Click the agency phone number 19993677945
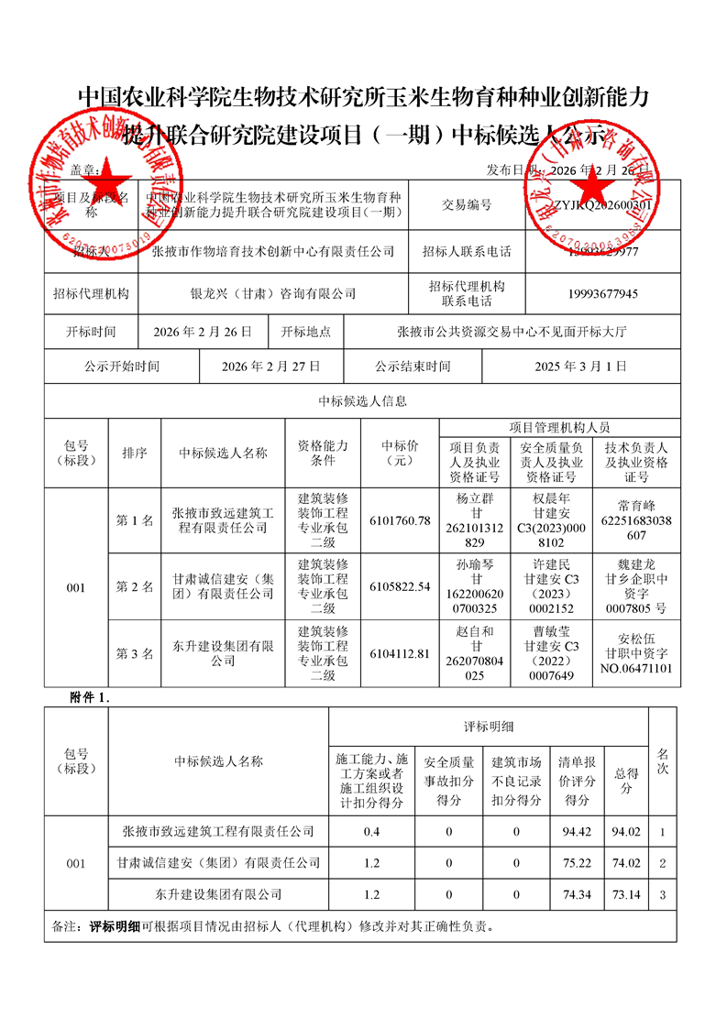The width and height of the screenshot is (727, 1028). tap(602, 294)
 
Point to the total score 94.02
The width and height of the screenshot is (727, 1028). tap(627, 832)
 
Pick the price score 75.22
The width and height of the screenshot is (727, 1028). tap(577, 862)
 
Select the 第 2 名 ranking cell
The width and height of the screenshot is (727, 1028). tap(134, 586)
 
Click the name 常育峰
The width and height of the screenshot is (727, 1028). tap(636, 505)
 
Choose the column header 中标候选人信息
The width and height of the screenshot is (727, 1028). tap(362, 401)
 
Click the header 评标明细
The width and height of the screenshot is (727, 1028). tap(488, 727)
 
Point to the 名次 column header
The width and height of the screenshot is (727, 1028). tap(663, 760)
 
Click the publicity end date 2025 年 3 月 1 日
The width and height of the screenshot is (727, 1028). tap(580, 366)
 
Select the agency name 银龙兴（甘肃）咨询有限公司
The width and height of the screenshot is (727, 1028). tap(272, 294)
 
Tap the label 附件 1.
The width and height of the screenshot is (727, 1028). tap(90, 697)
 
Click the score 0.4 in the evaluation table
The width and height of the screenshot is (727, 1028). tap(371, 832)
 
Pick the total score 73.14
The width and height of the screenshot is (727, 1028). tap(627, 893)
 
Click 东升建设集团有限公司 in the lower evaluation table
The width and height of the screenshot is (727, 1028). tap(218, 893)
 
